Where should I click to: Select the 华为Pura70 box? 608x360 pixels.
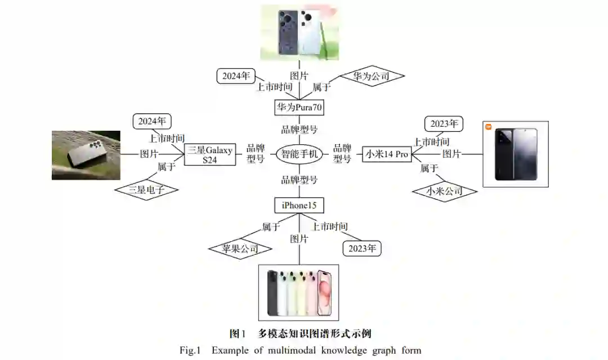[299, 106]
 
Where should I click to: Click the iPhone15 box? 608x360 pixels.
[299, 205]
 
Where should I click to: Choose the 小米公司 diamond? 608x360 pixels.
[444, 192]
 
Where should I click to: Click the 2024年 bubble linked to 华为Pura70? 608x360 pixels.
[236, 76]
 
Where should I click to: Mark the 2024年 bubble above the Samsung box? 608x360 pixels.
[152, 121]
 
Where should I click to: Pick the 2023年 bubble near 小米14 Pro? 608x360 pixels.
[444, 123]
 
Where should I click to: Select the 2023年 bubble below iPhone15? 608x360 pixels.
[362, 248]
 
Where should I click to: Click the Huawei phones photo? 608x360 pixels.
[299, 33]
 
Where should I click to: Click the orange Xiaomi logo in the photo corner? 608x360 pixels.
[488, 126]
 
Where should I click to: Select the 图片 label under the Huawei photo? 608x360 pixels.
[299, 75]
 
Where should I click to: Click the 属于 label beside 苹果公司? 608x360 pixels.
[271, 226]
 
